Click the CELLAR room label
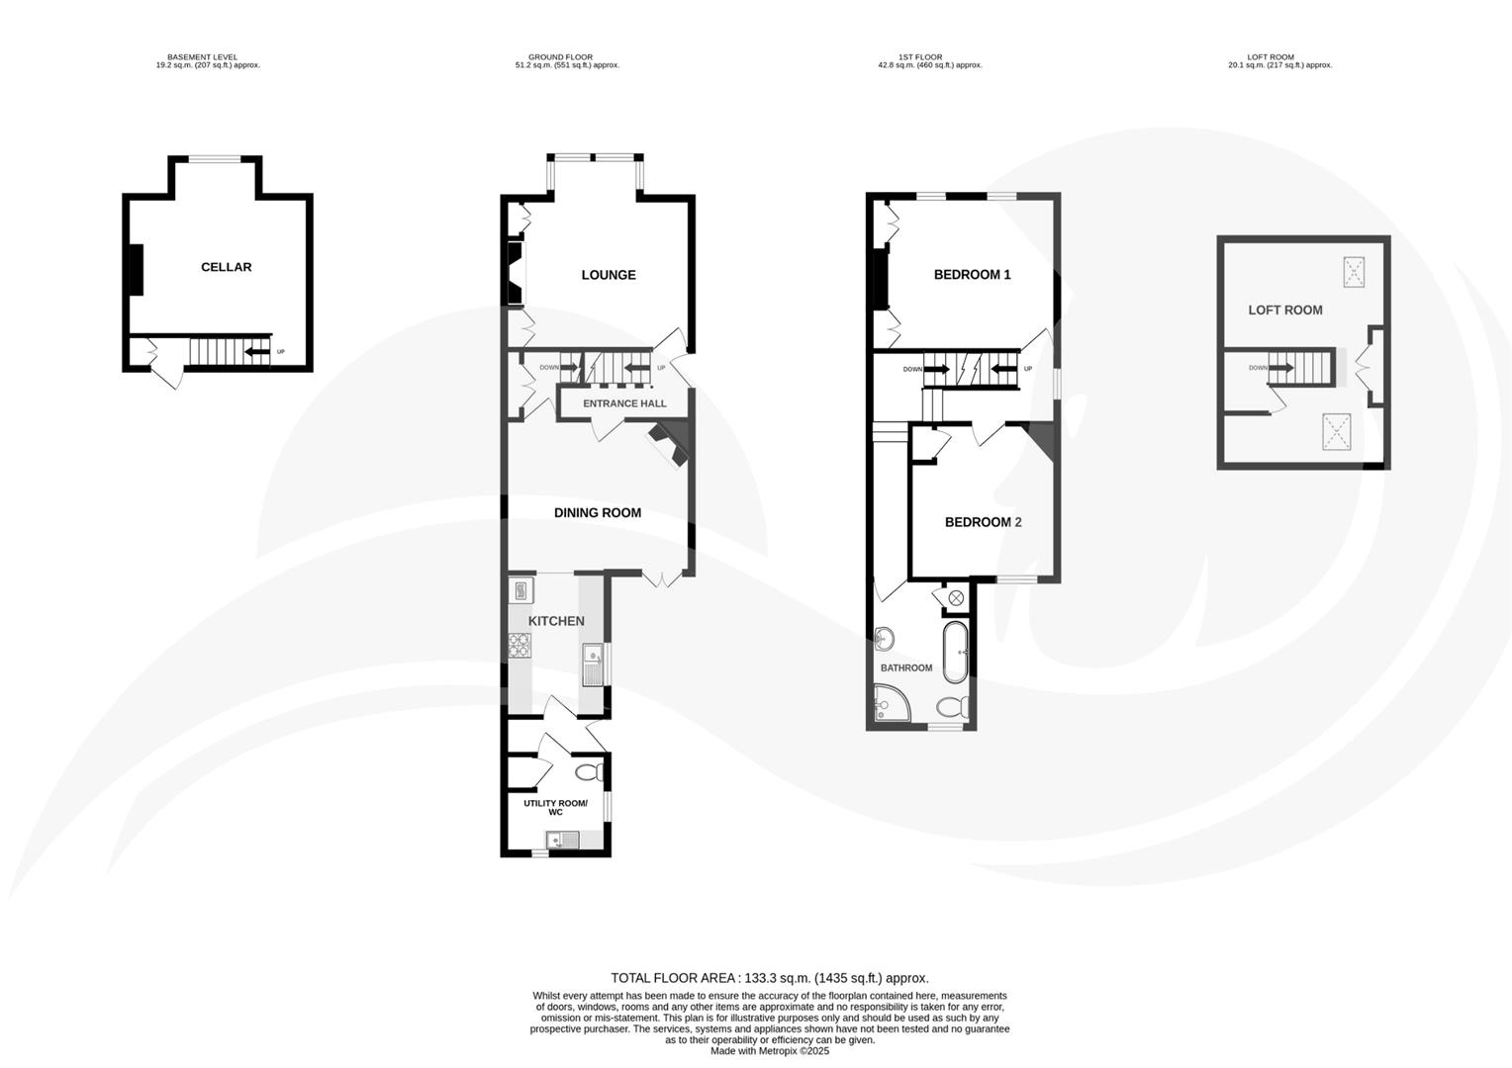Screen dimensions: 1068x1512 coord(226,267)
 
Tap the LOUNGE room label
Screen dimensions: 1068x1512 coord(608,275)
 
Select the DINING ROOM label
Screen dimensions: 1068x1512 coord(597,512)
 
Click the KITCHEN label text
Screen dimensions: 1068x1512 coord(555,621)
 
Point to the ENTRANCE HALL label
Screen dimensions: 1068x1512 coord(623,403)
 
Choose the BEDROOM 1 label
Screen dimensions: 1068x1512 coord(972,275)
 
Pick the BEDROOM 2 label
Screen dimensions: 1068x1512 coord(983,522)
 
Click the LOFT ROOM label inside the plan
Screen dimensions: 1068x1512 coord(1284,311)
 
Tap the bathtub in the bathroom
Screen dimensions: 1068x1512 coord(955,652)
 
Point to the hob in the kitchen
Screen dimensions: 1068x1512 coord(520,646)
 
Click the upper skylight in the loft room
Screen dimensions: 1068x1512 coord(1353,271)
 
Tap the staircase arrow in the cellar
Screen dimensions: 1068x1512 coord(257,352)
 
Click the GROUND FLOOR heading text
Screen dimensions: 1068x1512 coord(560,57)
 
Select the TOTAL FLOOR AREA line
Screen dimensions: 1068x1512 coord(769,978)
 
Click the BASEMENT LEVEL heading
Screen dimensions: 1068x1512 coord(202,57)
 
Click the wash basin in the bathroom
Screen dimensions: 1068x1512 coord(885,638)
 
